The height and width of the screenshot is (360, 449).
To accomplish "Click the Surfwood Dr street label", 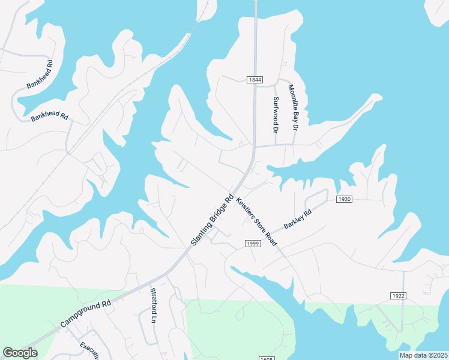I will (276, 115).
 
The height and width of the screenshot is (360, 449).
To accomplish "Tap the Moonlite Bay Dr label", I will (293, 107).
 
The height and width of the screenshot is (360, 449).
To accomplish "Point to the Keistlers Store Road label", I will (256, 222).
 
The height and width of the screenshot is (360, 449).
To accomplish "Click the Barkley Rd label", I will (298, 218).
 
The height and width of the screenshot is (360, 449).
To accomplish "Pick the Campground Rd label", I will (86, 314).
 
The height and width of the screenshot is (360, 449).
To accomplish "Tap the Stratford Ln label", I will (153, 306).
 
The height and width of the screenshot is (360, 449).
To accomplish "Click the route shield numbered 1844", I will (255, 80).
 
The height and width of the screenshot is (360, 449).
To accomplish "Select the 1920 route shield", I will (344, 199).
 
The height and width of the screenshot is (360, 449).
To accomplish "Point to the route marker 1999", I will (252, 242).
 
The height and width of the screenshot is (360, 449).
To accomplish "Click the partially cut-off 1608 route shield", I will (267, 358).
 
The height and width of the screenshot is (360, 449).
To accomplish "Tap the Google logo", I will (20, 353).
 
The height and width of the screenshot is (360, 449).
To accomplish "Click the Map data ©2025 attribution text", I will (424, 355).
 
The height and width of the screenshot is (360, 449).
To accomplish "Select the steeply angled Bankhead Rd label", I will (40, 74).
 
